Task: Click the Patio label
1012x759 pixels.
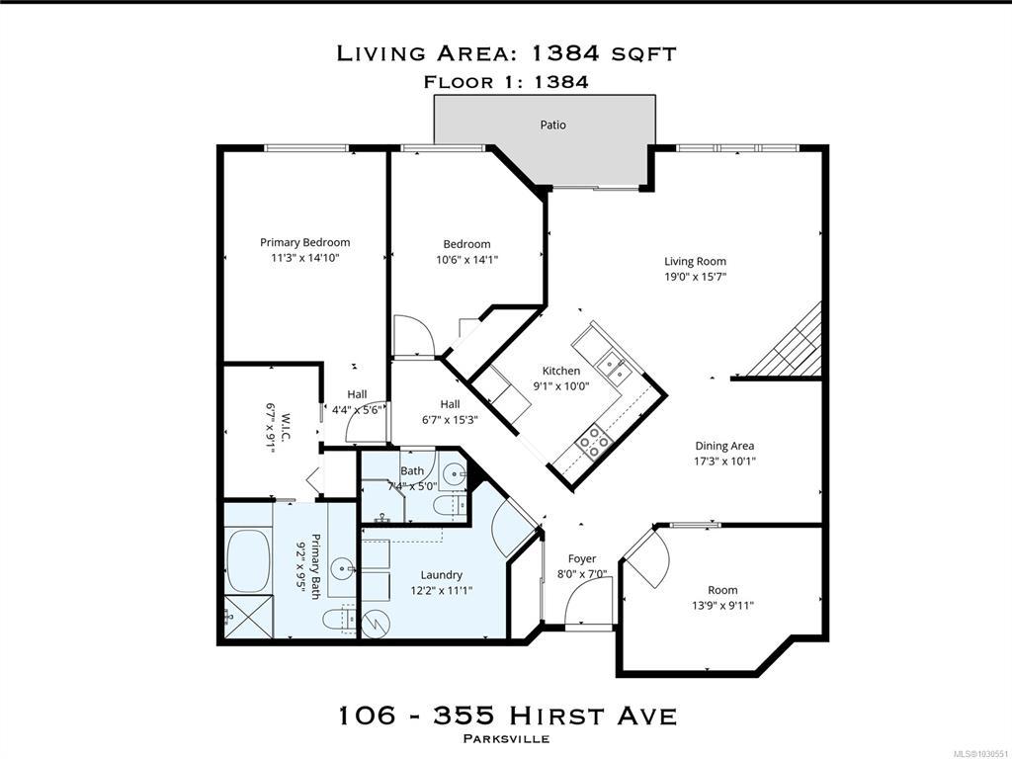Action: [x=553, y=125]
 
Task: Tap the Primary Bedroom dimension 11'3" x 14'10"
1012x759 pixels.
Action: [x=305, y=258]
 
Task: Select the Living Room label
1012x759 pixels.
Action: [x=695, y=261]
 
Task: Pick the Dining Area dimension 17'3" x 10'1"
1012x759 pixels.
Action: [x=724, y=462]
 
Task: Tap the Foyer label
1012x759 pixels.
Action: [x=581, y=559]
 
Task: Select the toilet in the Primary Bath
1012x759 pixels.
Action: [x=339, y=619]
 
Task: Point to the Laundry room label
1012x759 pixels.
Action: [x=442, y=575]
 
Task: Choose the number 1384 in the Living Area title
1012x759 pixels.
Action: [x=565, y=53]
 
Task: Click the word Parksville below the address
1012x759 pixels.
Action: [x=507, y=739]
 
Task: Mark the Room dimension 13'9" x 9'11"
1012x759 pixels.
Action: [x=722, y=606]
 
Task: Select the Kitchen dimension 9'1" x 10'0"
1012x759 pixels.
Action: [x=561, y=386]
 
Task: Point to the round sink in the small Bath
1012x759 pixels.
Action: [x=456, y=475]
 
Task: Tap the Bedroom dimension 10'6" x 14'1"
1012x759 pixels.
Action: [x=466, y=260]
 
